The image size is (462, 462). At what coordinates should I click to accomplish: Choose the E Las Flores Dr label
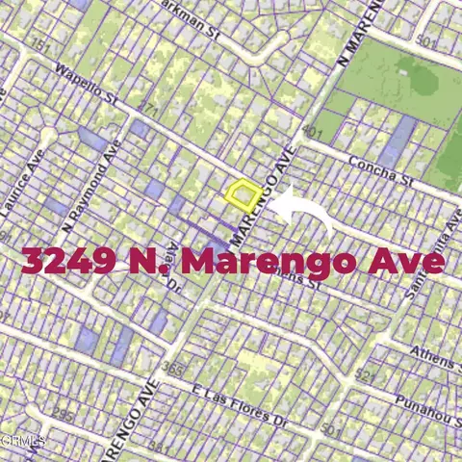point(241,408)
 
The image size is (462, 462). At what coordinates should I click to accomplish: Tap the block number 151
point(40,45)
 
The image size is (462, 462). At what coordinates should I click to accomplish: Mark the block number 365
point(174,368)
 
